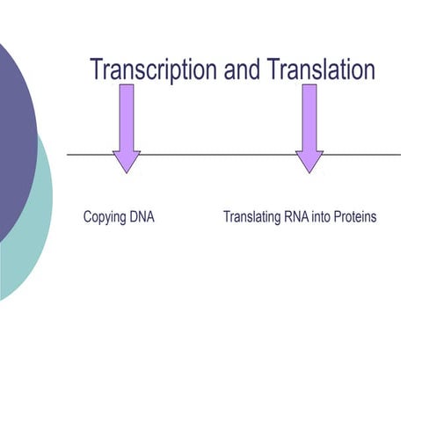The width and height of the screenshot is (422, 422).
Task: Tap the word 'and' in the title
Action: coord(242,70)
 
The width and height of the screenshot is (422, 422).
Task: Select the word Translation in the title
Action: coord(322,70)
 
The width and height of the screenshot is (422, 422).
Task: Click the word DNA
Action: coord(142,215)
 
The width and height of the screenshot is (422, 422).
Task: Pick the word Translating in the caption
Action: coord(251,216)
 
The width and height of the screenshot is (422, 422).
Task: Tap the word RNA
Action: coord(298,215)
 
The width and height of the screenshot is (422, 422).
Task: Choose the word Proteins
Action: coord(357,215)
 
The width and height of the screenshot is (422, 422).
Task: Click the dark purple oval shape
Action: coord(13,132)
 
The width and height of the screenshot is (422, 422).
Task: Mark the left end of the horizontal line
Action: coord(69,155)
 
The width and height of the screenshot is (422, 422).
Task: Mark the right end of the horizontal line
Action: coord(400,155)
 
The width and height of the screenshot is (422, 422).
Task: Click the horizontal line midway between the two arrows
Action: coord(218,155)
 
